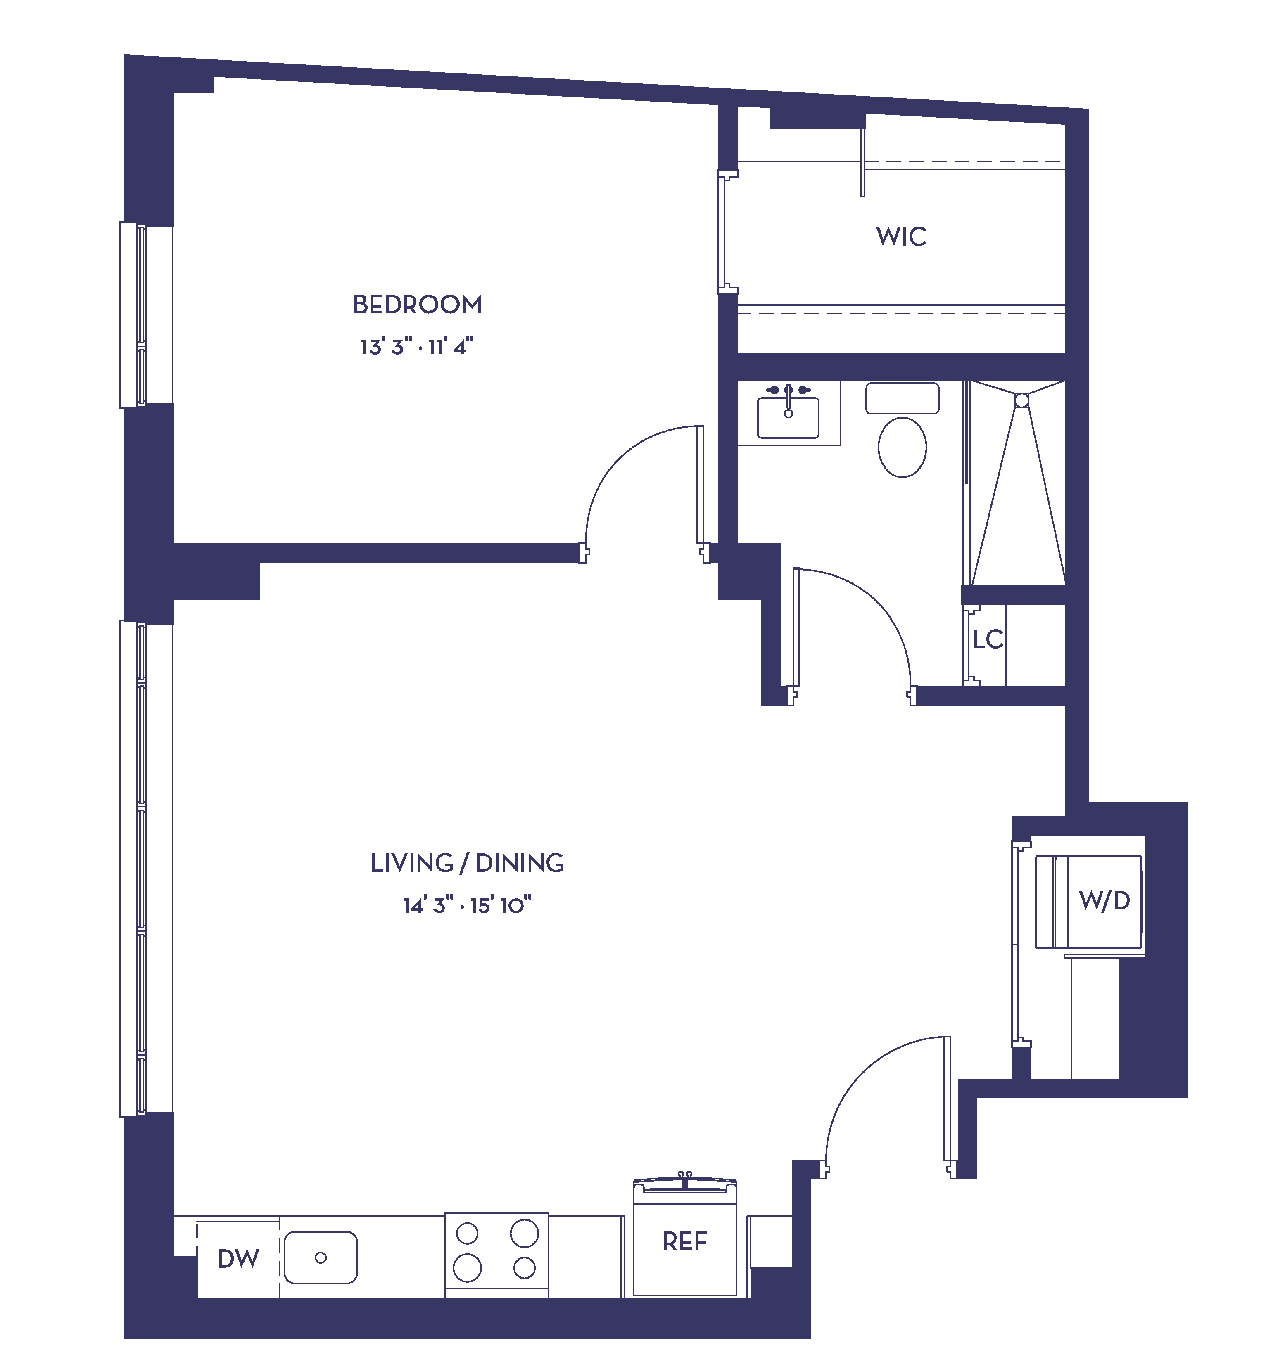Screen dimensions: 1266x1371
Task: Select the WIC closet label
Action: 902,237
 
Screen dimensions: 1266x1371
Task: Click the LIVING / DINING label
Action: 467,863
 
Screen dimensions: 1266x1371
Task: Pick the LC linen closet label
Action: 988,639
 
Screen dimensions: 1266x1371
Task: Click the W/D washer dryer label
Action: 1104,900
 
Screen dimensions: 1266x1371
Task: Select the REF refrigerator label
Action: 685,1241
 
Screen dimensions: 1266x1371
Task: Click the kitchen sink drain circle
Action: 321,1257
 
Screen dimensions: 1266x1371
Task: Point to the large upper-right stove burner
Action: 524,1234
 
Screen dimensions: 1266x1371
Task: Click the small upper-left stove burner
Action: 467,1234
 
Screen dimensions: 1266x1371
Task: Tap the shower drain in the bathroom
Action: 1021,400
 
